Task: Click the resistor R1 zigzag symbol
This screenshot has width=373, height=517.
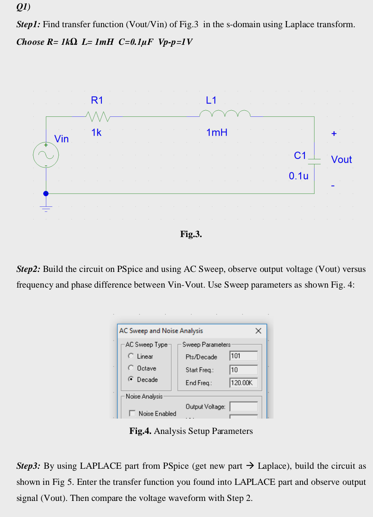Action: (98, 116)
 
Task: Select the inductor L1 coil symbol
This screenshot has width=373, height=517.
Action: (225, 114)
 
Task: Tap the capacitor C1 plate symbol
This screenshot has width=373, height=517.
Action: (314, 161)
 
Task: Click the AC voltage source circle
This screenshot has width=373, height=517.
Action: (46, 155)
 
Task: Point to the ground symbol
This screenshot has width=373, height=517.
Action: (46, 208)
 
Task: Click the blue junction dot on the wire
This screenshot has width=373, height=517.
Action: (46, 193)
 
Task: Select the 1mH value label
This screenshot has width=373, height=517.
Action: (217, 133)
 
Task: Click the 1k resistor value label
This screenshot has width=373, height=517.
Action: (96, 133)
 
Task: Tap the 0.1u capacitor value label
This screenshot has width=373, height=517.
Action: (298, 176)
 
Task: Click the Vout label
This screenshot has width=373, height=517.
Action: (341, 159)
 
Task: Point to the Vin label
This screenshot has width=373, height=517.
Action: (61, 139)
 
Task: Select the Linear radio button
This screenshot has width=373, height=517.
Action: (131, 356)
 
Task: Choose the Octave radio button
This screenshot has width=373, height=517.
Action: (131, 368)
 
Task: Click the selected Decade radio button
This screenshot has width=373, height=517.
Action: (131, 379)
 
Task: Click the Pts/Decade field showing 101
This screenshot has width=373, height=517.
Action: (243, 356)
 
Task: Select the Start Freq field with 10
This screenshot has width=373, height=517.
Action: (243, 370)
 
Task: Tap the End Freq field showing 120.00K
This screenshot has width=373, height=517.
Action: (243, 383)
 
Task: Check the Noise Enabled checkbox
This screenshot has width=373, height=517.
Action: (132, 413)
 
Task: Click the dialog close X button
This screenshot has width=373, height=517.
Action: (258, 330)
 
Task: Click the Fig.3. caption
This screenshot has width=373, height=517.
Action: (191, 234)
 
